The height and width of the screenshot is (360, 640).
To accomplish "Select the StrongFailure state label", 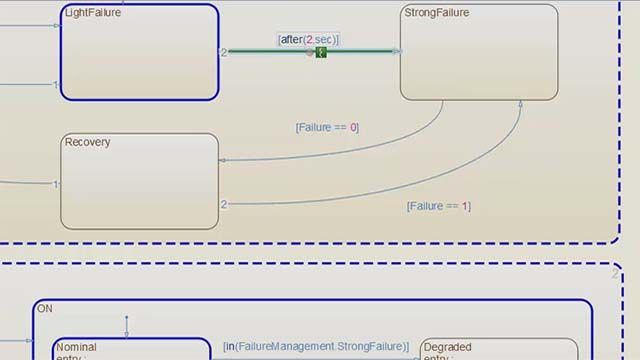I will [x=436, y=13].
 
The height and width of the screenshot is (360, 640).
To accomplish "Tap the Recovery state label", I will [x=87, y=142].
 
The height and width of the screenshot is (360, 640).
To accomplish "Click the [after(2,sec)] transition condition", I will [x=308, y=39].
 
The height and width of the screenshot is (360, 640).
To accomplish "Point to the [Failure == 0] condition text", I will [x=327, y=127].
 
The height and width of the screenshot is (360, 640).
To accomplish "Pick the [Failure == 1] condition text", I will [x=438, y=206].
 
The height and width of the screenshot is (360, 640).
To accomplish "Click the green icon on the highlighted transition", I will [x=320, y=51].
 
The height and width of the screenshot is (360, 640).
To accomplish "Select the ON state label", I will [x=45, y=309].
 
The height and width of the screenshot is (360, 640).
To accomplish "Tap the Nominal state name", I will [x=76, y=347].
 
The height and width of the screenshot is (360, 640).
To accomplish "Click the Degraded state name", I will [x=447, y=347].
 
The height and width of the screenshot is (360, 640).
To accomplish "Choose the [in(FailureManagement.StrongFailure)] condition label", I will [x=316, y=346].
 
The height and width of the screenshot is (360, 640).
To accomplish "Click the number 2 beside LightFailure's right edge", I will [x=224, y=52].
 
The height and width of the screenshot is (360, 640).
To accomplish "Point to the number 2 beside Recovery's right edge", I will [x=224, y=204].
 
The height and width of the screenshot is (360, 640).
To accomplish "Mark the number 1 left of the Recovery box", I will [x=56, y=184].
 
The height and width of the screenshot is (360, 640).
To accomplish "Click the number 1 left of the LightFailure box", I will [x=56, y=85].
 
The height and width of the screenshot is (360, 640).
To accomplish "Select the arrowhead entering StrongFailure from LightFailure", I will [x=397, y=51].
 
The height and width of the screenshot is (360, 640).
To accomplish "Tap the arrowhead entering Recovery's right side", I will [x=222, y=160].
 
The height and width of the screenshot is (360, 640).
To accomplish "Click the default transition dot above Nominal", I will [x=126, y=318].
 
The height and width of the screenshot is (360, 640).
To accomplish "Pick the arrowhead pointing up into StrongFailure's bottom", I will [x=521, y=104].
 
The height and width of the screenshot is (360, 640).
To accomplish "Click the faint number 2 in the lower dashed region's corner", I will [x=614, y=272].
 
